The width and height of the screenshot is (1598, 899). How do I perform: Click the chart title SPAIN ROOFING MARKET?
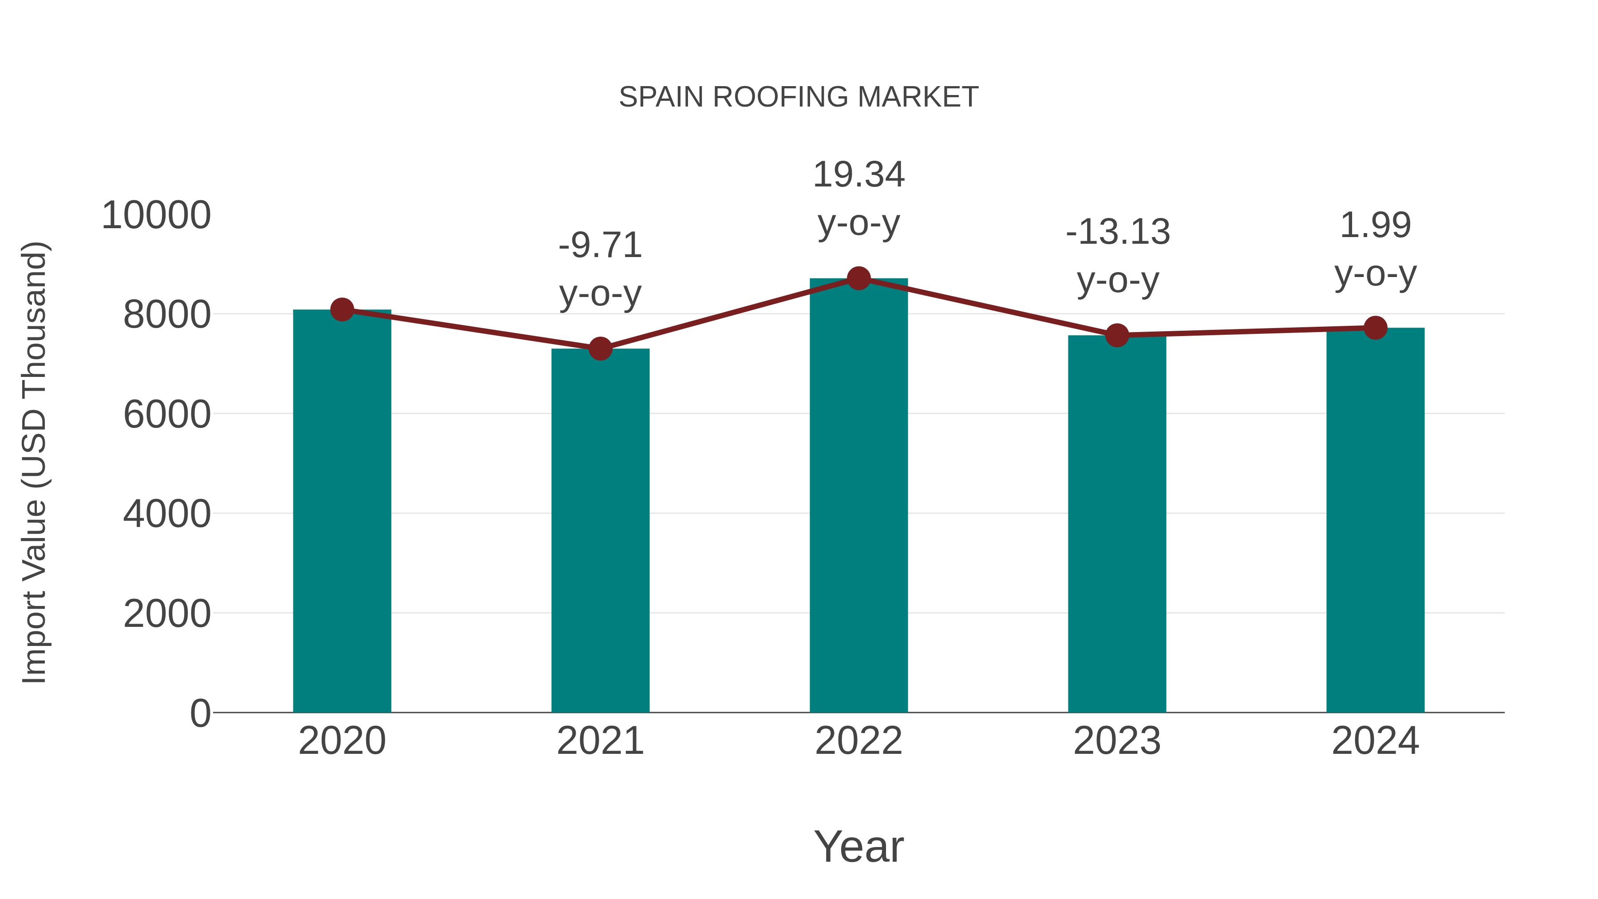pos(799,97)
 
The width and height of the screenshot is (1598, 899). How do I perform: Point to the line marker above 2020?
pos(342,309)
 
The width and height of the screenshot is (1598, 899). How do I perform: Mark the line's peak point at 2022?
pos(858,278)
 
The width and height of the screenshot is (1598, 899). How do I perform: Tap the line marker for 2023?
pos(1117,335)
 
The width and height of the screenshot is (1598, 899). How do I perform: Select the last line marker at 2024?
pos(1375,328)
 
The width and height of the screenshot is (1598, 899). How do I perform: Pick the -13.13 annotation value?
pos(1117,232)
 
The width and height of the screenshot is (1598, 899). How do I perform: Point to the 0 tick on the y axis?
pos(200,713)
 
